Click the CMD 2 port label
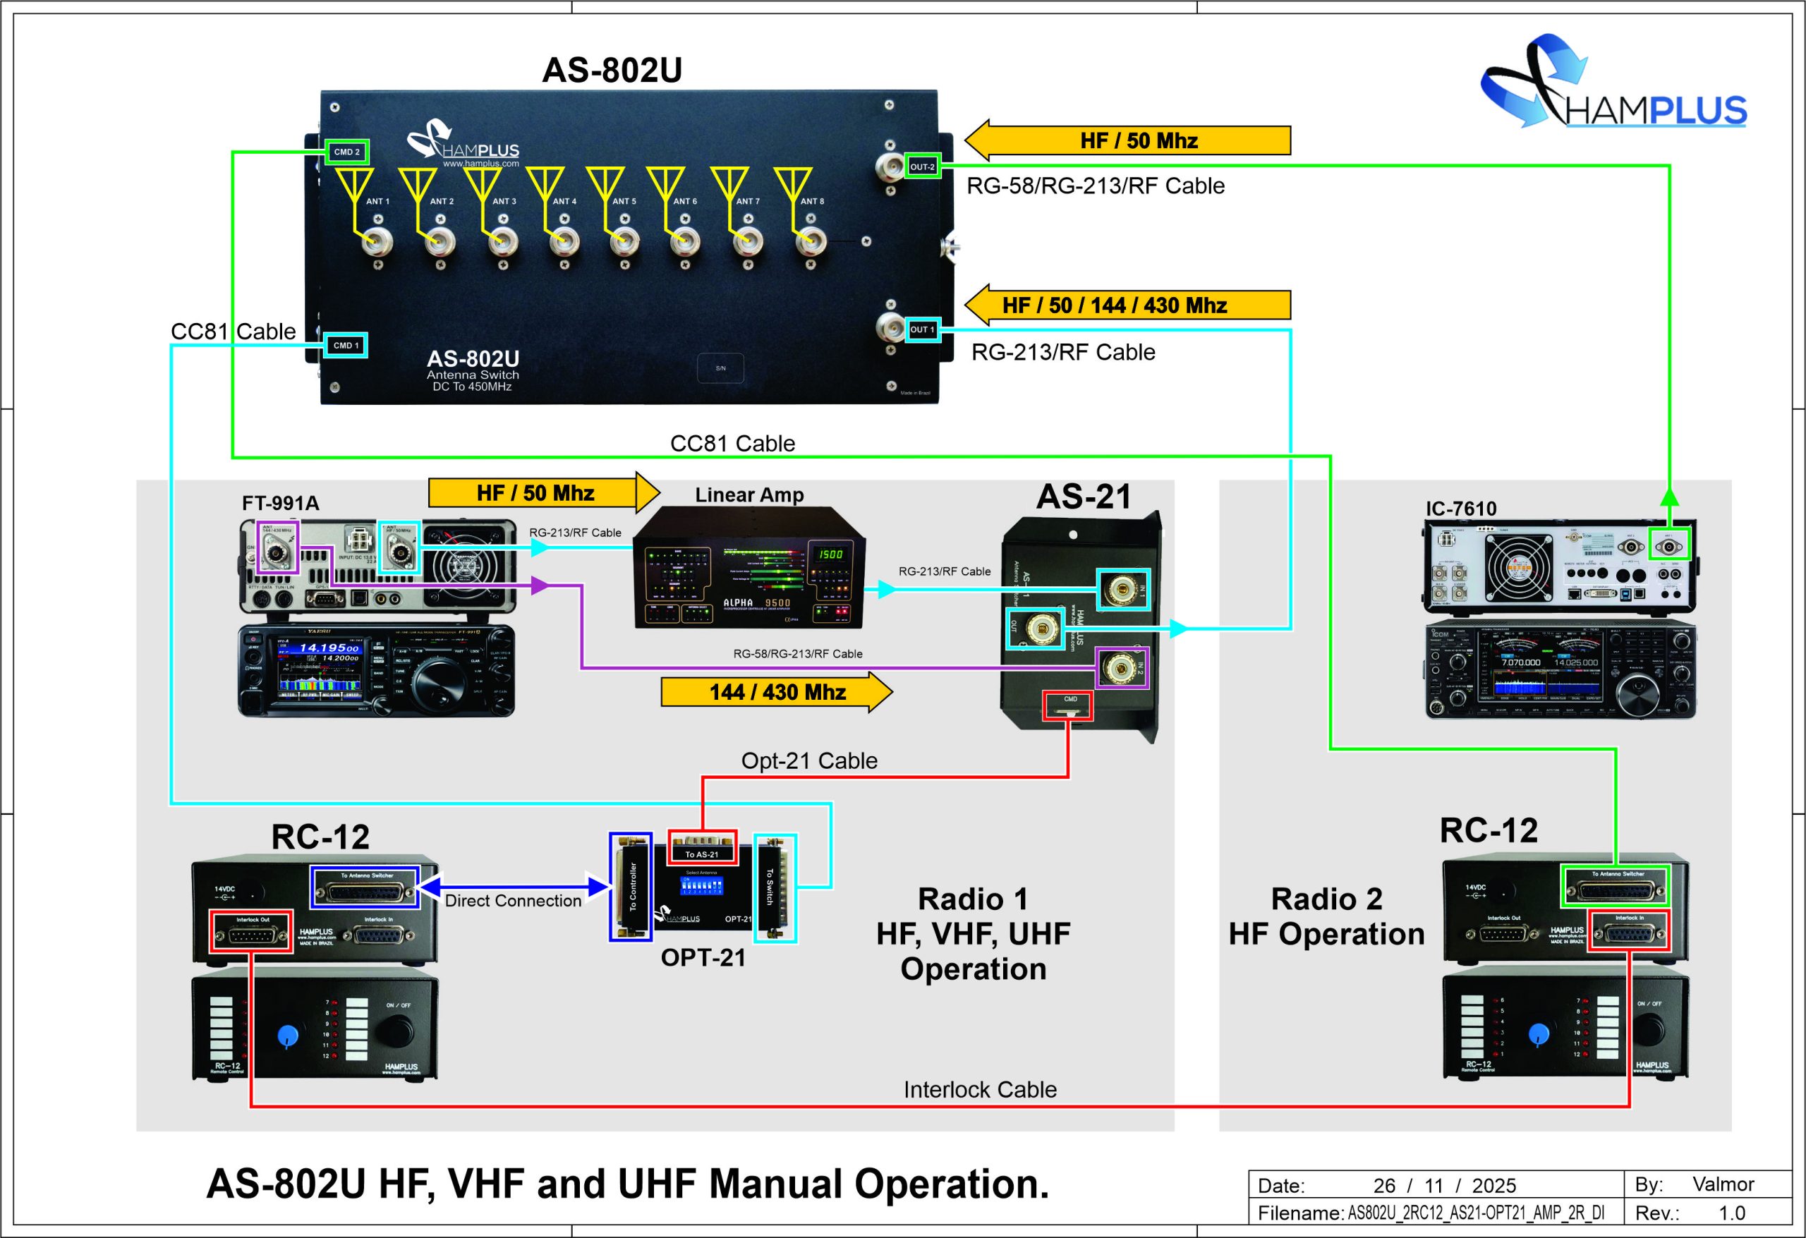346,152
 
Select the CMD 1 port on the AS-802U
346,345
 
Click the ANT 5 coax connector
621,242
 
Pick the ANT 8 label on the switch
812,201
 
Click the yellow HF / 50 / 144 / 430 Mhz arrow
1127,305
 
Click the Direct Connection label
513,901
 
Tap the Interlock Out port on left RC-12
251,932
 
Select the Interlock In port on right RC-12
1628,931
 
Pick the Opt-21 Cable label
809,761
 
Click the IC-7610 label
1461,509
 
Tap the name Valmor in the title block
1723,1184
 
